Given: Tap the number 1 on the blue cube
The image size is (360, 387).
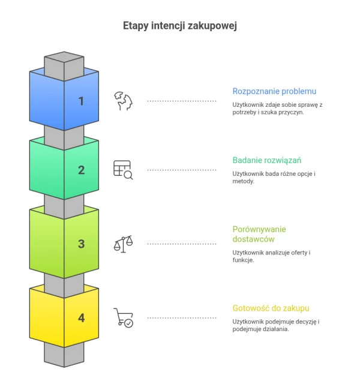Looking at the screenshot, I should [81, 101].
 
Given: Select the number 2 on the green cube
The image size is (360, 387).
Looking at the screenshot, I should [81, 170].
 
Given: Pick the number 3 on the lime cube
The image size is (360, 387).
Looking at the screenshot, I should [81, 244].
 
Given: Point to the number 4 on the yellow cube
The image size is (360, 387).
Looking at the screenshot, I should [81, 317].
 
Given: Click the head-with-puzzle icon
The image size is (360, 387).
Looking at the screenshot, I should [123, 101].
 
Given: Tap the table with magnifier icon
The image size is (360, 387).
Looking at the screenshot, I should [123, 170].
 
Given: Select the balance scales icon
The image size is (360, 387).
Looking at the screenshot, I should [123, 244].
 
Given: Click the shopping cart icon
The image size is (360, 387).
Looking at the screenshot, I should [124, 317].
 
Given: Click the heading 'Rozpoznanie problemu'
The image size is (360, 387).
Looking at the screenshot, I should [274, 91].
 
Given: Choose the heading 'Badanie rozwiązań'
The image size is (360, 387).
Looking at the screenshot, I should [266, 160].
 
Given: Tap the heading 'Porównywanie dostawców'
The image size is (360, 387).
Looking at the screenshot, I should [259, 234].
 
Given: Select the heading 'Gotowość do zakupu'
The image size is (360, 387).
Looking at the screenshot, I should [271, 308].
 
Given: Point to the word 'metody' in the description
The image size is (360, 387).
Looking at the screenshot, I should [242, 181].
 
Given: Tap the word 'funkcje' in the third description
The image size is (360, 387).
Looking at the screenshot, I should [242, 260].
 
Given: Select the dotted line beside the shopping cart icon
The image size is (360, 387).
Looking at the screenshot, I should [182, 317].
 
